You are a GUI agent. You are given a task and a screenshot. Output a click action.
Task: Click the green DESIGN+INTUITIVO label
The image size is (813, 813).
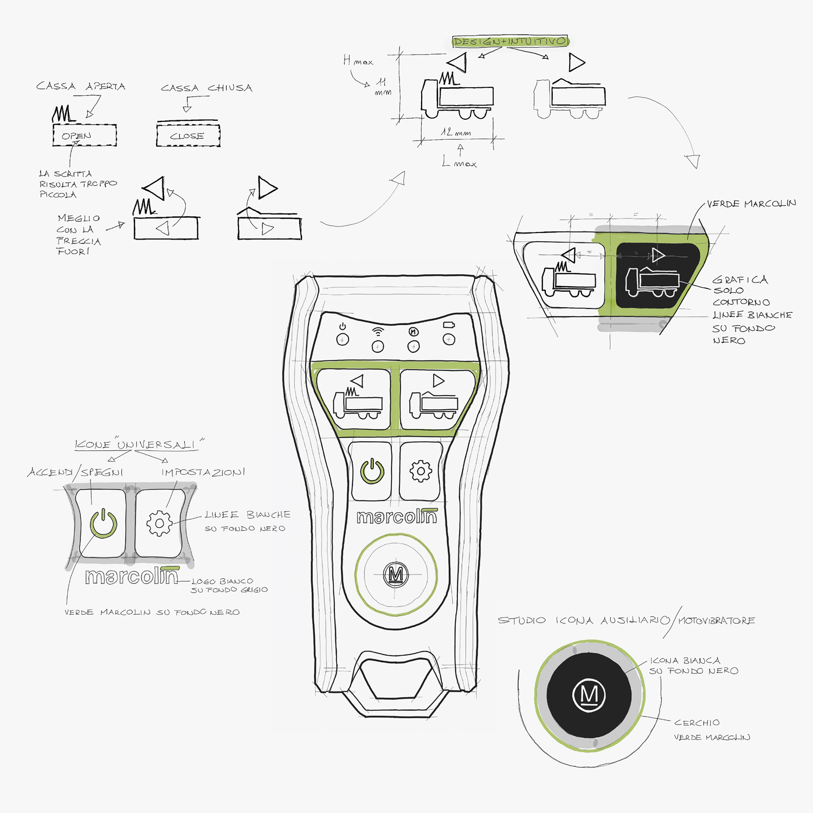[510, 41]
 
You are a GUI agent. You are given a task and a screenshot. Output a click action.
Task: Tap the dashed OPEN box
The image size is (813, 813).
[85, 135]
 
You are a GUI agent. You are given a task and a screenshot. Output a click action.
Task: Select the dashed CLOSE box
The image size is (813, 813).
[188, 135]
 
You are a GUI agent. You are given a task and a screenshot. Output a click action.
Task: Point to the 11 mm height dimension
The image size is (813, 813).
[383, 86]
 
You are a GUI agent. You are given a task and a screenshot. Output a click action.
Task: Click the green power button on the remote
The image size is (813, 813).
[372, 471]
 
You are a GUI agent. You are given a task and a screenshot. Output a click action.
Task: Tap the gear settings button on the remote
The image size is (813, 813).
[420, 471]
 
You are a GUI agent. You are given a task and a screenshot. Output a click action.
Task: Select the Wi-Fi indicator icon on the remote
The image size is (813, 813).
[378, 331]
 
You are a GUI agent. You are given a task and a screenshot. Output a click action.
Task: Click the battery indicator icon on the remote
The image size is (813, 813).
[449, 325]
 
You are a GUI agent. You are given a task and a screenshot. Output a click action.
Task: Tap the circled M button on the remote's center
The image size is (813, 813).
[396, 574]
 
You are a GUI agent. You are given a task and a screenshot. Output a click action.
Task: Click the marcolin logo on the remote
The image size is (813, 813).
[397, 517]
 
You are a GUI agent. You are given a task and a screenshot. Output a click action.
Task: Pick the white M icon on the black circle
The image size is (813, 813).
[589, 694]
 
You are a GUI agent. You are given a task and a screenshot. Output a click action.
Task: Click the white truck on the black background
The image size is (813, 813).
[652, 282]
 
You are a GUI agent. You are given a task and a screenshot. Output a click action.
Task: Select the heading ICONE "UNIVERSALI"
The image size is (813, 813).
[139, 444]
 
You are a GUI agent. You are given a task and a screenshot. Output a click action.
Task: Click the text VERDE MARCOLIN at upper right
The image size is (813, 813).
[751, 204]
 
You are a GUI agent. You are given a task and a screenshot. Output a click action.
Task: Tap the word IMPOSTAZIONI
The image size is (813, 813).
[203, 472]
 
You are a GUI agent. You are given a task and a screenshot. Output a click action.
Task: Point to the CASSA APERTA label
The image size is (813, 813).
[81, 86]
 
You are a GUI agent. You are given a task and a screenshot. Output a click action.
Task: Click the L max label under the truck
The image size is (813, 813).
[459, 162]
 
